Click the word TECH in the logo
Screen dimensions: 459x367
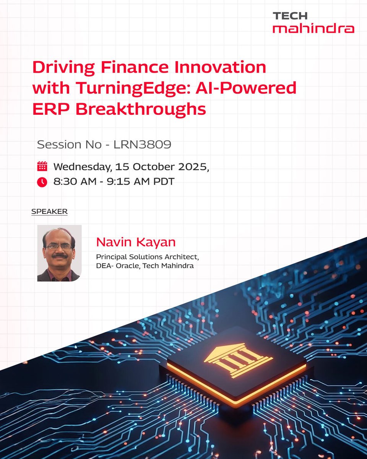(x=290, y=16)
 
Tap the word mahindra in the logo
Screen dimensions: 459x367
(x=313, y=28)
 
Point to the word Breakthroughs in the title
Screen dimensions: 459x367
(x=141, y=109)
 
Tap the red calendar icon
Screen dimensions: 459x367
(x=42, y=166)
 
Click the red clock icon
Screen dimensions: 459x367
(x=42, y=182)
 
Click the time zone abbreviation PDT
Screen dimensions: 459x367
(x=164, y=182)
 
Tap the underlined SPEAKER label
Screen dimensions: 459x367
(x=49, y=212)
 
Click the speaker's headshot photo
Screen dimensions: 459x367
(x=59, y=253)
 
